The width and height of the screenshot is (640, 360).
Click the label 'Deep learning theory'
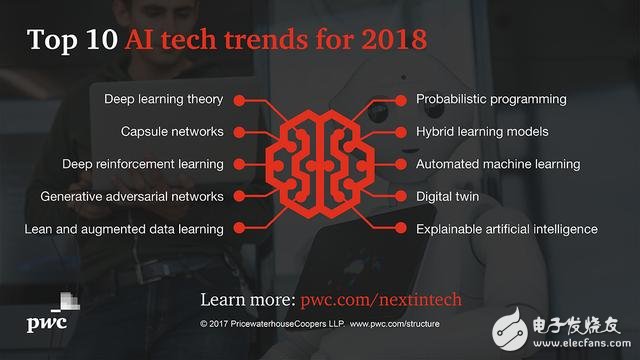click(163, 99)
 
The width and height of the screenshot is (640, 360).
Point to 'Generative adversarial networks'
click(132, 196)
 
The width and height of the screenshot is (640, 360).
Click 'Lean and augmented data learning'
click(124, 229)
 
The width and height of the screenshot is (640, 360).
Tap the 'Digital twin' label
click(447, 196)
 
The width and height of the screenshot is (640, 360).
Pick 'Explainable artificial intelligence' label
click(506, 229)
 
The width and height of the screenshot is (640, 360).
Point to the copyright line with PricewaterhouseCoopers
click(320, 325)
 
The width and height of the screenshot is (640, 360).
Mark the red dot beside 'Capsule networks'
click(237, 132)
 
